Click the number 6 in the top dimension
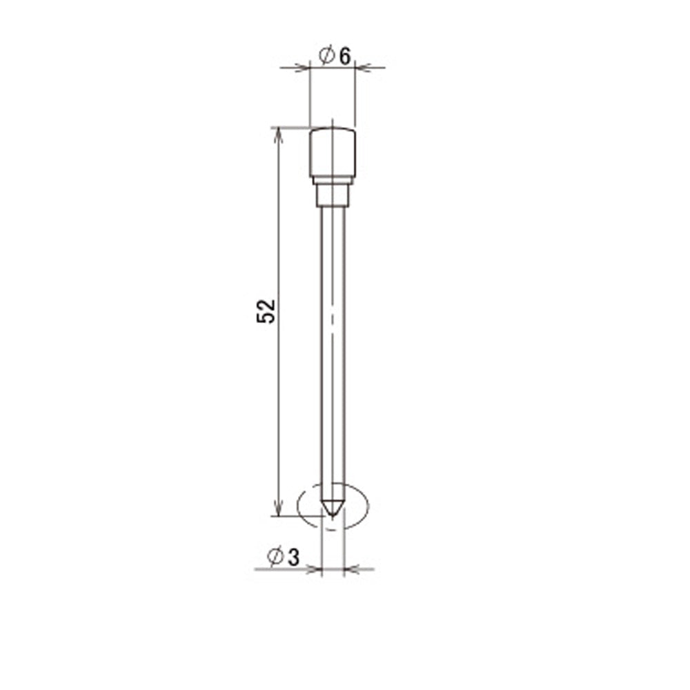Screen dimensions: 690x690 (346, 57)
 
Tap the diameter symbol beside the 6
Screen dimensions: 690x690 (327, 55)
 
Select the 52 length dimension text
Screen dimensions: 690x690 (266, 312)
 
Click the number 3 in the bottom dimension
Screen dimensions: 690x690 (293, 558)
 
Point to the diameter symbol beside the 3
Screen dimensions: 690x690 (275, 556)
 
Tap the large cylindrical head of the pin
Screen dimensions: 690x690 (333, 152)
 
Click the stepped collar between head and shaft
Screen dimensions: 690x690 (333, 195)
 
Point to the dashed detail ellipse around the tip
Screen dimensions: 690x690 (298, 506)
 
